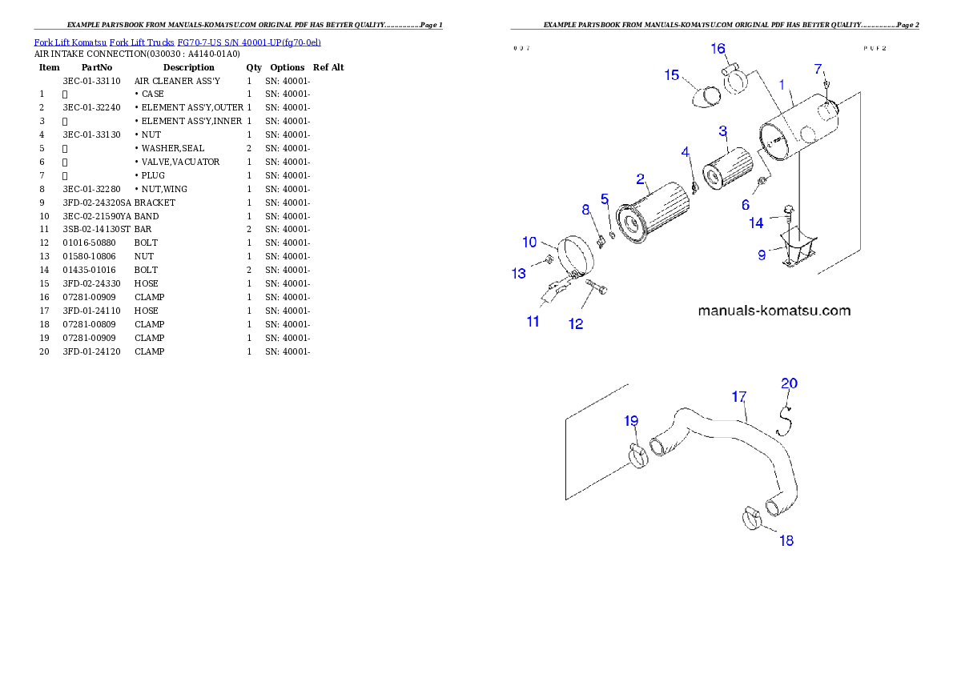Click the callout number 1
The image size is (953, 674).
782,85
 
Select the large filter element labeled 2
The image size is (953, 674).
656,213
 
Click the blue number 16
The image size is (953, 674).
718,49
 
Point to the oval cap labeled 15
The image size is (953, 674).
706,97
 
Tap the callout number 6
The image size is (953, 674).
746,205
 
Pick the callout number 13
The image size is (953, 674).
519,274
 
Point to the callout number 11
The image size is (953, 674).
533,322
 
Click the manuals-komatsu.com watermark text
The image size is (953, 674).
774,311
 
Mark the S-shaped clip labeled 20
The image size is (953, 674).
786,417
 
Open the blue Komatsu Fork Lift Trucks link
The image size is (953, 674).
177,42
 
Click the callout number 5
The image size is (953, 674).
605,198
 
